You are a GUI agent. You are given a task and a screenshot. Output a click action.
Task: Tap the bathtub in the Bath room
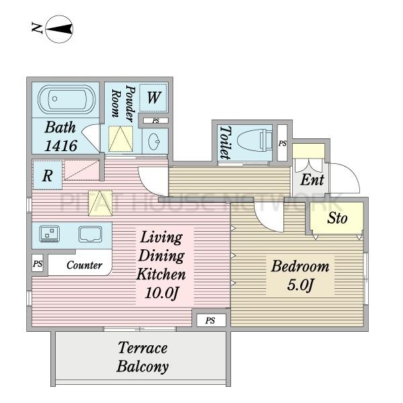[66, 99]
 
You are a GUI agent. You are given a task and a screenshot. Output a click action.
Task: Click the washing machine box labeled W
[153, 97]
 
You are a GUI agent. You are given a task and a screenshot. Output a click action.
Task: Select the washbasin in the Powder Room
[154, 141]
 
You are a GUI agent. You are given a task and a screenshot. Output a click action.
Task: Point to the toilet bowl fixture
[255, 141]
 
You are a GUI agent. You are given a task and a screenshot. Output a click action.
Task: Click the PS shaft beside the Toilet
[283, 143]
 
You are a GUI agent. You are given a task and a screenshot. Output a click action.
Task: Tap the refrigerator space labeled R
[48, 175]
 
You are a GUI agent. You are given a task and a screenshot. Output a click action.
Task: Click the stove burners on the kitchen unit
[50, 234]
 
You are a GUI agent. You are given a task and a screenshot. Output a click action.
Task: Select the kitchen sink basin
[90, 234]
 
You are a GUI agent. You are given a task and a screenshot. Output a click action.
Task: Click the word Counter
[85, 265]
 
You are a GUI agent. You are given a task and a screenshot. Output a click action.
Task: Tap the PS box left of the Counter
[38, 263]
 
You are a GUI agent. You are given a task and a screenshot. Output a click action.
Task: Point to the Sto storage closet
[337, 218]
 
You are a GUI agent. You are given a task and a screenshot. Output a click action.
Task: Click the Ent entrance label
[312, 179]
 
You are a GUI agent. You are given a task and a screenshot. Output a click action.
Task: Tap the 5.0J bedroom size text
[301, 285]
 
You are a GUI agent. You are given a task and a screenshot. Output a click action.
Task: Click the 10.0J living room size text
[161, 293]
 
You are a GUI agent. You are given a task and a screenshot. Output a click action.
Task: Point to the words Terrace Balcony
[142, 357]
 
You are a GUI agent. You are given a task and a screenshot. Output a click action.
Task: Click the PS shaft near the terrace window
[210, 320]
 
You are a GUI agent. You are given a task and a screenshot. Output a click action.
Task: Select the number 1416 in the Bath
[61, 146]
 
